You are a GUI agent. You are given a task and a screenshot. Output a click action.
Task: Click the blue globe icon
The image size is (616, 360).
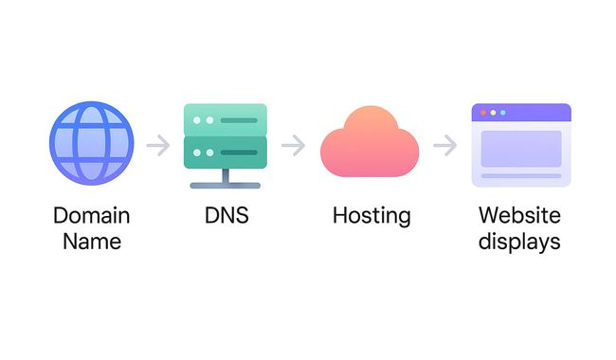(92, 143)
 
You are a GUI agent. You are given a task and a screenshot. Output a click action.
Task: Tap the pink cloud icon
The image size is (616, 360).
(370, 142)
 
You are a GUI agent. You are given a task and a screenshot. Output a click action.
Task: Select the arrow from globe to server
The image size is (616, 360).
(158, 145)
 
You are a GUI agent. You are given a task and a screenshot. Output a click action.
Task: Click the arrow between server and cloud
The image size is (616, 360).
(294, 145)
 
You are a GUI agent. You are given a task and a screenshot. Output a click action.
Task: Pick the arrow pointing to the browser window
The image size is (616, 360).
(445, 145)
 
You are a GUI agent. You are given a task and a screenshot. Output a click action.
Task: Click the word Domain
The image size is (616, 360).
(92, 216)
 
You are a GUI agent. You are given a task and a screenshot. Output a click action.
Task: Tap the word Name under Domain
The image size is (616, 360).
(92, 241)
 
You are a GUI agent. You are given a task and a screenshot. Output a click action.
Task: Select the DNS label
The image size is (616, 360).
(226, 215)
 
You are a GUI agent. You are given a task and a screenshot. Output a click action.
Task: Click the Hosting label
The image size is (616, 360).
(371, 216)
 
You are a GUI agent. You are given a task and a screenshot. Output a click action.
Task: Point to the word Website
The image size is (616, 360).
(519, 215)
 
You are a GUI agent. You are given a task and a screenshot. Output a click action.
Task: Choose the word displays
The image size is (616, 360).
(519, 242)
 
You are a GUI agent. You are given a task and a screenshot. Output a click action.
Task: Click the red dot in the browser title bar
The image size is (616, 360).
(483, 113)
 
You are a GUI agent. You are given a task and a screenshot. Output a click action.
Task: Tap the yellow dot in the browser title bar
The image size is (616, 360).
(493, 113)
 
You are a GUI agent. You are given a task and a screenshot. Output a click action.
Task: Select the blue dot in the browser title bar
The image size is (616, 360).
(503, 113)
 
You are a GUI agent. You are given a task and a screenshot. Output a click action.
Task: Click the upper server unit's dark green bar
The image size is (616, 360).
(239, 120)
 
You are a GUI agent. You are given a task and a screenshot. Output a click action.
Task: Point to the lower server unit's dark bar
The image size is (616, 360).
(239, 153)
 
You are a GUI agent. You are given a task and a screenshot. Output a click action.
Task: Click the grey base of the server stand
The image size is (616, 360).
(226, 186)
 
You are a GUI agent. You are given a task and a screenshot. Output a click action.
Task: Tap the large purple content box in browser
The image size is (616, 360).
(521, 149)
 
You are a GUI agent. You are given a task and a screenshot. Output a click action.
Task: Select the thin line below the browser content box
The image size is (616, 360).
(521, 176)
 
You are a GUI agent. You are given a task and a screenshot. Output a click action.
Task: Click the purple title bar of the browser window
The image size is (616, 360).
(521, 113)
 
